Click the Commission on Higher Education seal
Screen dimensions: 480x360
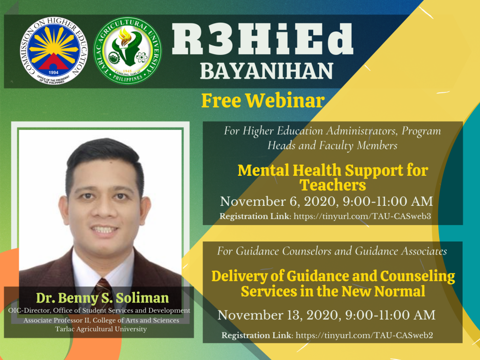click(x=53, y=51)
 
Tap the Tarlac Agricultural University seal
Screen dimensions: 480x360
click(x=127, y=51)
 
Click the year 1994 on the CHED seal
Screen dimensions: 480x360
click(x=53, y=73)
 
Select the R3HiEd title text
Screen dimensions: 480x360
click(x=262, y=39)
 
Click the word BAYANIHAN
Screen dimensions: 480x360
click(x=266, y=71)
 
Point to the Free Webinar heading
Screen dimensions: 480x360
click(x=262, y=100)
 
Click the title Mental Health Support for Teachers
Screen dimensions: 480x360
click(x=333, y=178)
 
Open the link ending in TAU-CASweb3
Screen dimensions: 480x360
click(x=362, y=216)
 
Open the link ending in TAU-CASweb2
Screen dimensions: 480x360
click(x=364, y=335)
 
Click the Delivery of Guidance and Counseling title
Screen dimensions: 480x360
click(x=333, y=284)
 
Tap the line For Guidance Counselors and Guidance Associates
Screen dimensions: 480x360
click(x=332, y=251)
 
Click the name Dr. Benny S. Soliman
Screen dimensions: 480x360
click(x=102, y=298)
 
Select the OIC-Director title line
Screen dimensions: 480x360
click(x=99, y=310)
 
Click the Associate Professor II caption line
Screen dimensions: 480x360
click(x=101, y=320)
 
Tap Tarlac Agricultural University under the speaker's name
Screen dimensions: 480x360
click(x=101, y=329)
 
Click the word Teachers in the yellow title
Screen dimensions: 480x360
click(x=333, y=185)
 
